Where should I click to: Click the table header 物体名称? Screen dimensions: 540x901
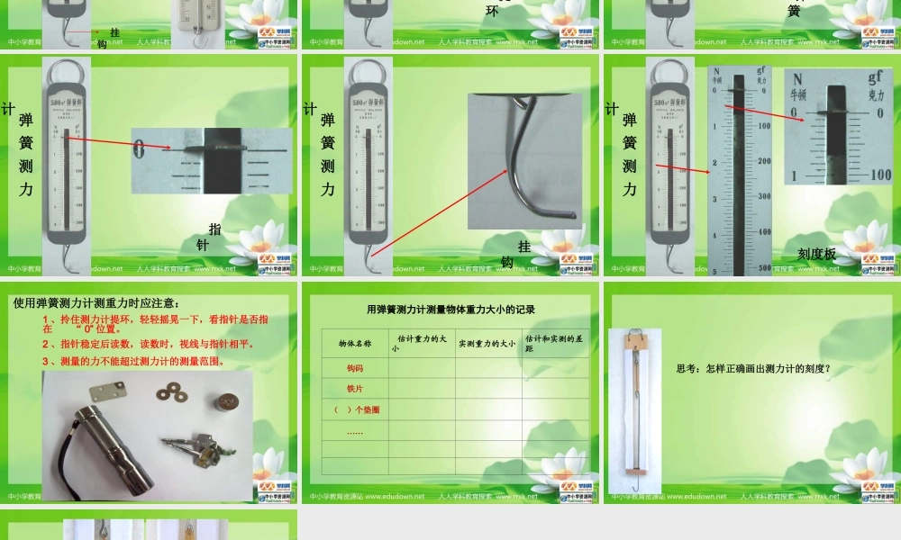354,343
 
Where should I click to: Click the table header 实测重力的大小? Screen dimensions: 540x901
487,343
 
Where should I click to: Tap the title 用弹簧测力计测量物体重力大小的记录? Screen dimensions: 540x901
450,309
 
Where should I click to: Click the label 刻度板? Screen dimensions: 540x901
816,254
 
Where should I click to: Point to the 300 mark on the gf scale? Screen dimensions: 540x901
765,196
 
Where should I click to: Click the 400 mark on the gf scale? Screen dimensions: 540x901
765,232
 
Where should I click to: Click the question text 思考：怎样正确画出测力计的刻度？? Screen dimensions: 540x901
752,368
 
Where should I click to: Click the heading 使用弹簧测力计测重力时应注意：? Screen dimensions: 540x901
96,303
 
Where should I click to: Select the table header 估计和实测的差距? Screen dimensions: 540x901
555,343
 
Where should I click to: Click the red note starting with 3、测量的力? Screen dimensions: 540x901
132,362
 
